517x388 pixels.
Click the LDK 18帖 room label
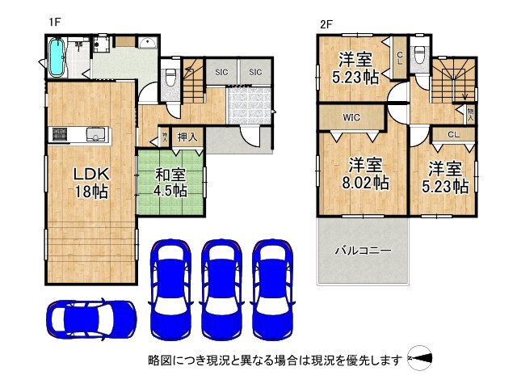point(91,183)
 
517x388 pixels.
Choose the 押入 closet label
point(187,137)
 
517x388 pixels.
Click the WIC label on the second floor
point(351,117)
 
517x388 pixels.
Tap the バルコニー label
point(363,251)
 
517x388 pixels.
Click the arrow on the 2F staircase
point(465,95)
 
